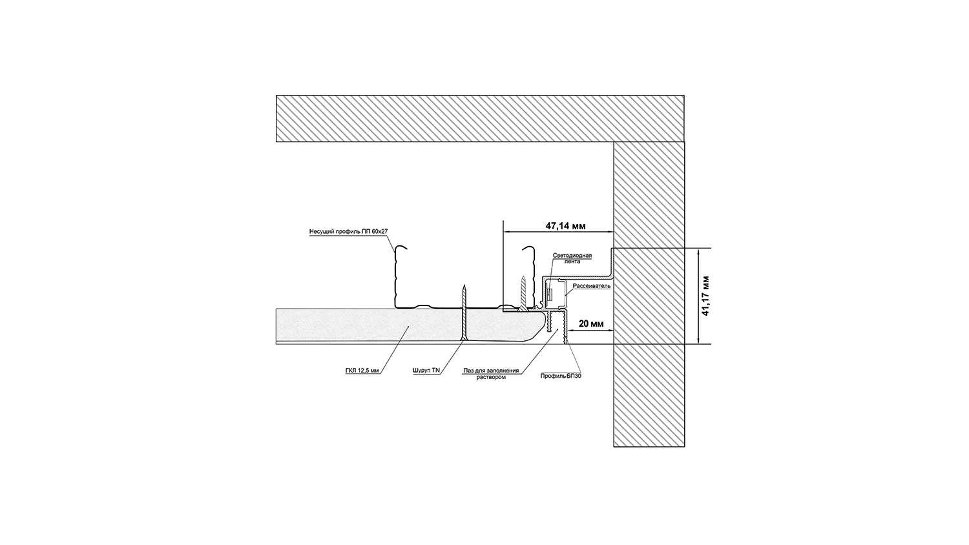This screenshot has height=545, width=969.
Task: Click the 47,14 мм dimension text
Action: pos(565,227)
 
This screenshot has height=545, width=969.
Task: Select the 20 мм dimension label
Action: pos(591,324)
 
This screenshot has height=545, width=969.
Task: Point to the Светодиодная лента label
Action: pos(572,258)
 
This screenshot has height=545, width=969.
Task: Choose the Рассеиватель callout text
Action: pos(591,285)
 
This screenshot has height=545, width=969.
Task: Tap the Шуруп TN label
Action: pos(426,371)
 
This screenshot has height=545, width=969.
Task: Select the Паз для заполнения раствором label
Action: pos(491,374)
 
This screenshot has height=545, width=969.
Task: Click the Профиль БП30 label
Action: pos(561,375)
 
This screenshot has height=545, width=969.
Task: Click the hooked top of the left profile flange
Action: pos(401,249)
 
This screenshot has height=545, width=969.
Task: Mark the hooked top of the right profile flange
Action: pos(530,249)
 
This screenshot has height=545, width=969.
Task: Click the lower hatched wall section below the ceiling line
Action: pos(649,395)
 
